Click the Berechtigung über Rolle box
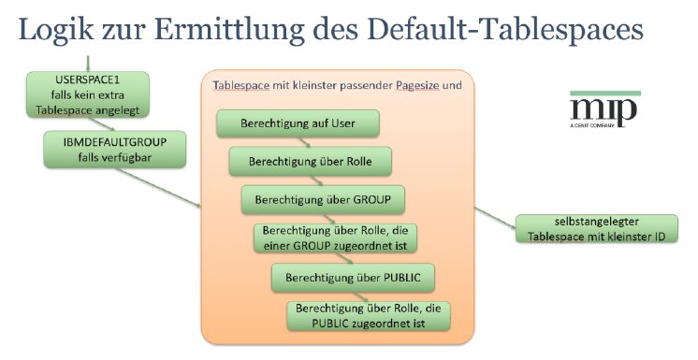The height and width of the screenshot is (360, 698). tap(309, 161)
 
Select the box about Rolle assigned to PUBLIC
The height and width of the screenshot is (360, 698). tap(369, 315)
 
